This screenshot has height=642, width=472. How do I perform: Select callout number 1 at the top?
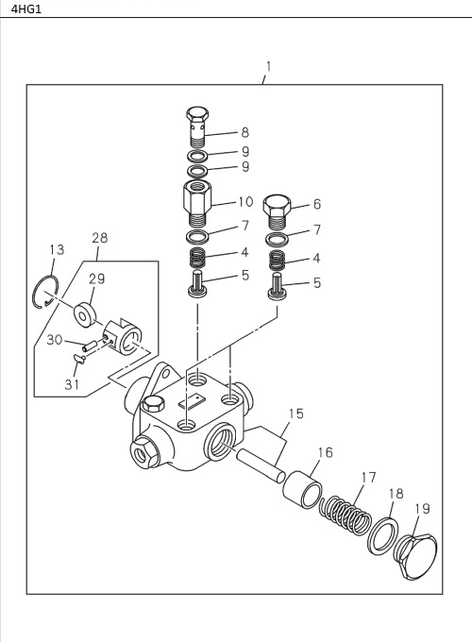268,67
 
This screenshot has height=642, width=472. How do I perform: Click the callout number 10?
245,201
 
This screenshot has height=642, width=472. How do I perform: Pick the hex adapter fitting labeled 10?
197,200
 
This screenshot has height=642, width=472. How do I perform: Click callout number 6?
316,204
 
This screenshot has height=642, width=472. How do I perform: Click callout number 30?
55,340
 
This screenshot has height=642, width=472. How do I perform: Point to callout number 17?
368,477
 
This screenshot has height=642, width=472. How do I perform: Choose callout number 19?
422,509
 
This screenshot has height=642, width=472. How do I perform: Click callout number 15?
295,414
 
